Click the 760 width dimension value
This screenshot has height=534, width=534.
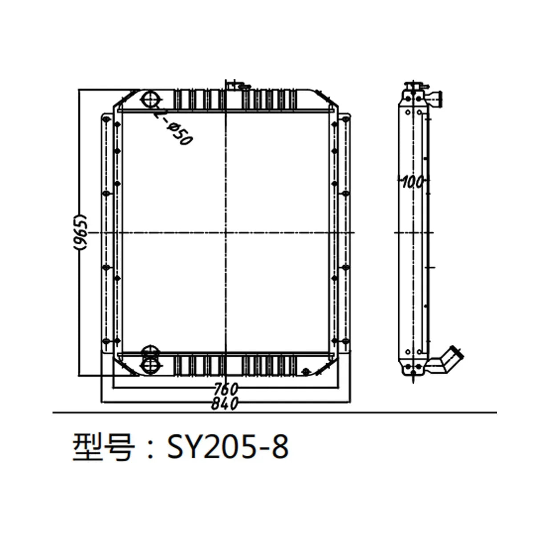pos(226,388)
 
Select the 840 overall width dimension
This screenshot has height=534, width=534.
pos(226,403)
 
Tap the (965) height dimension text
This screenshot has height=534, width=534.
pos(80,232)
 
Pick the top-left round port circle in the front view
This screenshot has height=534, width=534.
pos(150,98)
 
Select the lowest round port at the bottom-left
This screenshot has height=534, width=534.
pos(150,366)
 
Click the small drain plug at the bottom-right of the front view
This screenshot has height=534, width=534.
pos(306,371)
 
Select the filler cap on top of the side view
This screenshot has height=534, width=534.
pos(414,85)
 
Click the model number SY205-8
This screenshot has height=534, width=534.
pos(227,446)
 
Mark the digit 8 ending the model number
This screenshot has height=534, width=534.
pos(280,446)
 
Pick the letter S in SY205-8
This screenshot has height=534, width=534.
pos(176,446)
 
